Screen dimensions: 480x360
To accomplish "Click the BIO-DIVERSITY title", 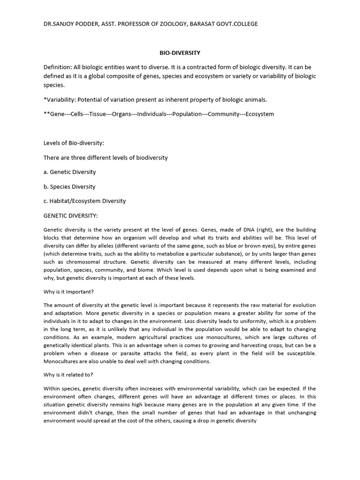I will tap(180, 53).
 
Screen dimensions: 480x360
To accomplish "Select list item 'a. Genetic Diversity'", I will tap(69, 172).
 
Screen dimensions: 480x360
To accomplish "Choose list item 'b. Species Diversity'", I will tap(69, 187).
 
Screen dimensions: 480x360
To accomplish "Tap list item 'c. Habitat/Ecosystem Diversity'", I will tap(84, 201).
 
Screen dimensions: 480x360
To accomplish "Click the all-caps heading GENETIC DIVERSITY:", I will tap(71, 216).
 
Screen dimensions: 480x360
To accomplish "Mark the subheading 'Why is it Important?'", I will tap(69, 291).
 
